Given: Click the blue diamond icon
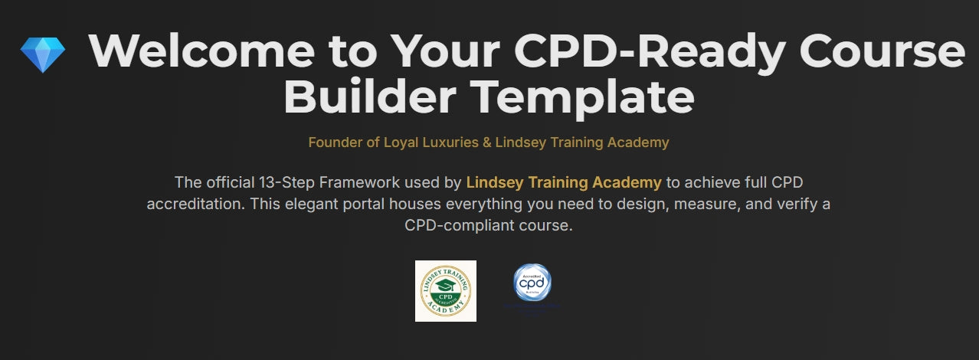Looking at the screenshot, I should [43, 54].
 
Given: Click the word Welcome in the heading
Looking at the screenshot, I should [201, 51].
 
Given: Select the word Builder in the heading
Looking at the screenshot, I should [374, 97].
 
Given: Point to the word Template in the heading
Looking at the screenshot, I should [584, 97].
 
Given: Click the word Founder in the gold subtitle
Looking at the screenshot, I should [334, 142].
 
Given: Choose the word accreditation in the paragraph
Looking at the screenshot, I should [192, 205].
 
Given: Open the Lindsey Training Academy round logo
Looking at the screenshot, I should [446, 291].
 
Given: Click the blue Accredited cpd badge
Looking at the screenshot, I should [532, 283].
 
